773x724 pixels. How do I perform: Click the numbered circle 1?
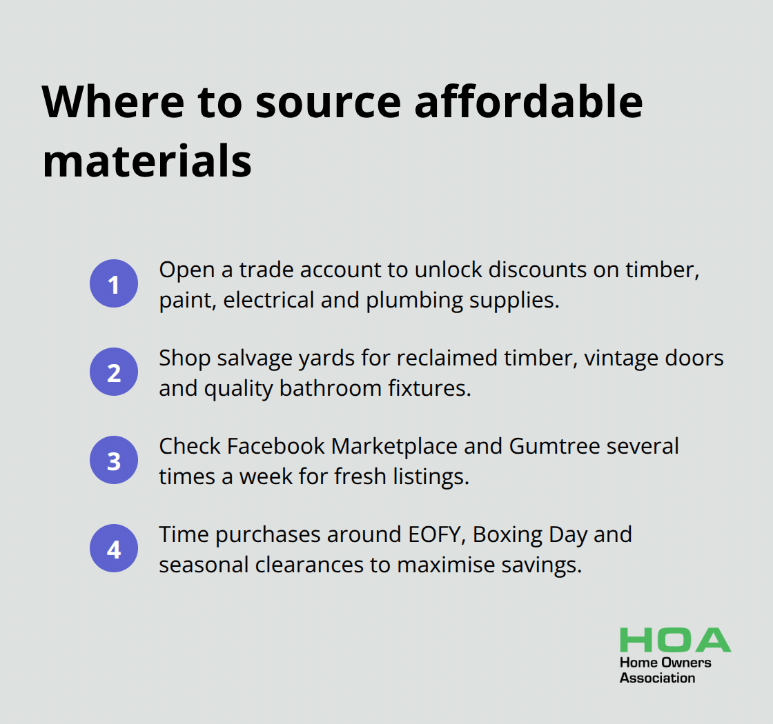(113, 283)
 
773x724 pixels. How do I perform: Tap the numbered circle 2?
(113, 372)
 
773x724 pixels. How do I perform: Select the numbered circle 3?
(113, 460)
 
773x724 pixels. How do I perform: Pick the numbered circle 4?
(113, 548)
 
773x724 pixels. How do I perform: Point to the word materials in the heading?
(147, 161)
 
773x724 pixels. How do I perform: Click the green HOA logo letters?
(675, 640)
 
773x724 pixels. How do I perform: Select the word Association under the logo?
(657, 678)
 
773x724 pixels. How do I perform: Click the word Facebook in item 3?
(275, 446)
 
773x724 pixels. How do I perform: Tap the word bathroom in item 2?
(331, 388)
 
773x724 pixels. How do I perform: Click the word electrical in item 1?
(268, 300)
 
